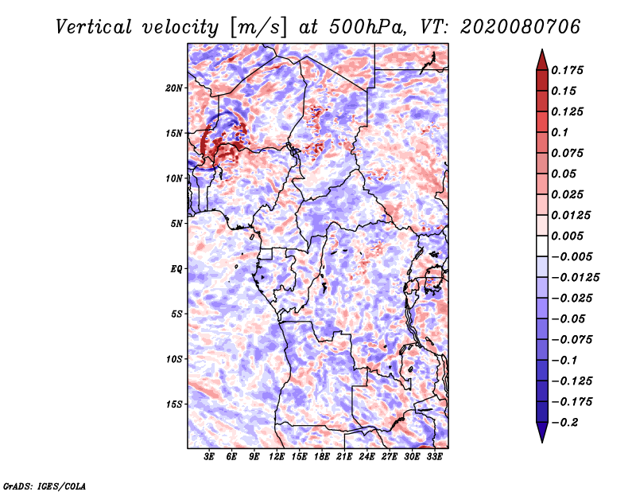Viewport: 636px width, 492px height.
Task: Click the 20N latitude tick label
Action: tap(175, 88)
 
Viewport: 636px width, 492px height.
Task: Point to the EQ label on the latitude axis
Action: tap(176, 268)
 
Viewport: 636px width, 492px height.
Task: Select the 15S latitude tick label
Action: tap(175, 404)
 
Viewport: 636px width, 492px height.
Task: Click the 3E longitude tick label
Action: tap(209, 457)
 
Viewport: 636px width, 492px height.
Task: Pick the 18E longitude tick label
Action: tap(322, 457)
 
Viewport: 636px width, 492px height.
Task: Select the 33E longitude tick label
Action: tap(434, 457)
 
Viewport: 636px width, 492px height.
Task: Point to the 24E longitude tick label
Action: tap(366, 457)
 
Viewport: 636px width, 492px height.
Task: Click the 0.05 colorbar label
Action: tap(564, 174)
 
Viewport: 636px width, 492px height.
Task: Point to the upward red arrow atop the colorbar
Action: tap(541, 58)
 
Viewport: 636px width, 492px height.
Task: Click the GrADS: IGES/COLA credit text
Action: tap(45, 485)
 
